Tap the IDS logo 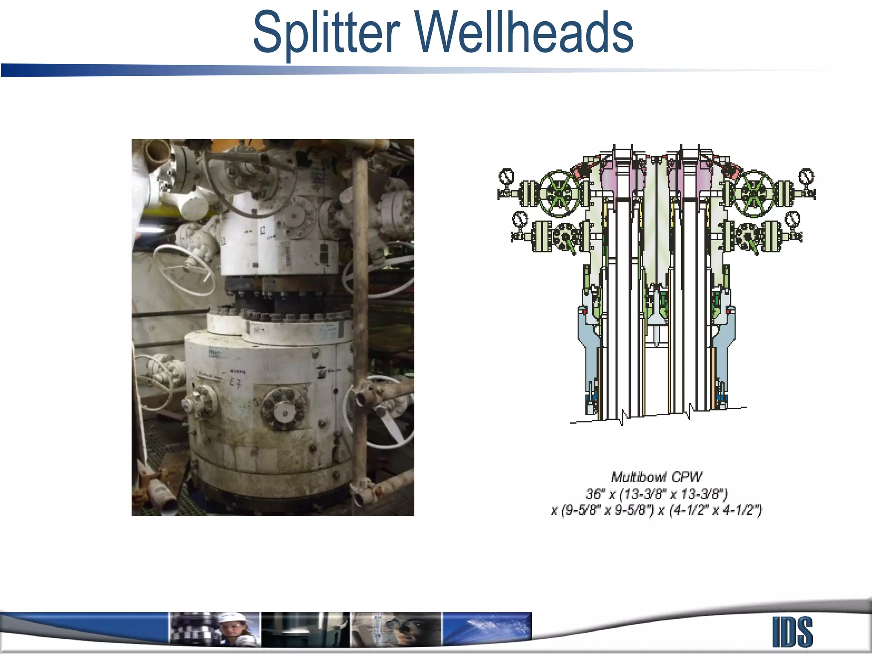click(x=792, y=632)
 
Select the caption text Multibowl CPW click(x=657, y=477)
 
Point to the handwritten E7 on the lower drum click(x=235, y=383)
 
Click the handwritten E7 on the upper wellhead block click(x=263, y=230)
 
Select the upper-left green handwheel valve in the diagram click(x=559, y=194)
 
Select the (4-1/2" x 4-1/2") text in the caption click(x=715, y=510)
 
